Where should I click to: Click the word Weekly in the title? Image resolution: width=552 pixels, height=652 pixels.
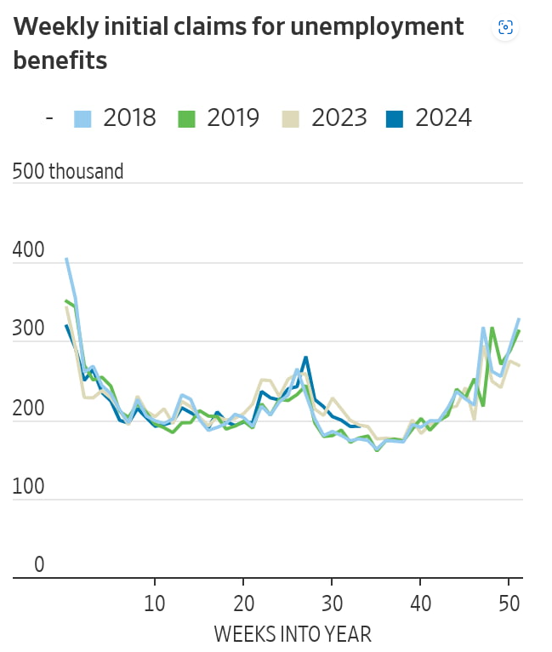(56, 26)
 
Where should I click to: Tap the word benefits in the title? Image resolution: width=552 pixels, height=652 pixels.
(60, 61)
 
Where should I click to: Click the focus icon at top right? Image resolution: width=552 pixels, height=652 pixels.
(505, 28)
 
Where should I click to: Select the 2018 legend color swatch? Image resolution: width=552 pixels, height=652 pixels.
(83, 118)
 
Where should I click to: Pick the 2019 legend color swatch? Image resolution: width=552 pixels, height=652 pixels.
(186, 118)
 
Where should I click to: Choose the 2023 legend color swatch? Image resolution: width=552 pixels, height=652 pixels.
(291, 118)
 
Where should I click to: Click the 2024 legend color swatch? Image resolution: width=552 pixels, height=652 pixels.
(395, 118)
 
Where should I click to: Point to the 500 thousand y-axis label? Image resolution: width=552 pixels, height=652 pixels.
(68, 171)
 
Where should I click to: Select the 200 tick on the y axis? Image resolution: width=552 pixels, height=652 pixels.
(29, 409)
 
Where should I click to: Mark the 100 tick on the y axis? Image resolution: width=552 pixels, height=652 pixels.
(29, 489)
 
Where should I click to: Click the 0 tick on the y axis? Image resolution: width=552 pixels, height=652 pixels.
(39, 563)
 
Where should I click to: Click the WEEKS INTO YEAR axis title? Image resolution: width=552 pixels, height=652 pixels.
(292, 634)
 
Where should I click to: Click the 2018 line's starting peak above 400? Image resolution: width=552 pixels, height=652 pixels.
(67, 259)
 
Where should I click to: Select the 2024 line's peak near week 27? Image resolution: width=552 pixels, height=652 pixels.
(305, 357)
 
